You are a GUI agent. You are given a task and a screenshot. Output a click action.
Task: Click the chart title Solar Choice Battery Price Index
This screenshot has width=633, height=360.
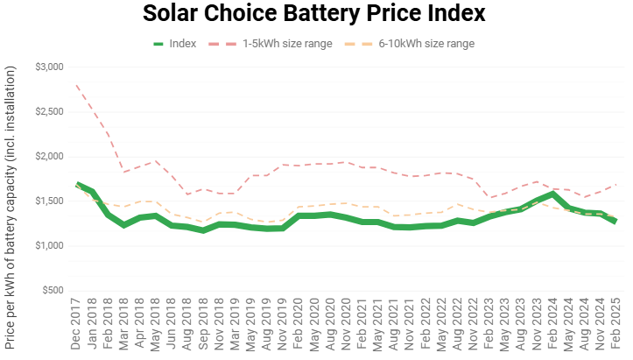pos(316,15)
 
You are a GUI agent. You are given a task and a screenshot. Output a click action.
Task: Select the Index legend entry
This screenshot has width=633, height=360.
pos(182,43)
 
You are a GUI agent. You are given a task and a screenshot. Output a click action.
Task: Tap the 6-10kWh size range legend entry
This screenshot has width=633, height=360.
pos(426,43)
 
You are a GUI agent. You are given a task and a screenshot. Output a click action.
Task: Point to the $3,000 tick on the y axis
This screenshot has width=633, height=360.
pos(50,67)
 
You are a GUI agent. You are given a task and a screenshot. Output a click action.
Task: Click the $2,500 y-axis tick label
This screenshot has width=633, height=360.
pos(50,112)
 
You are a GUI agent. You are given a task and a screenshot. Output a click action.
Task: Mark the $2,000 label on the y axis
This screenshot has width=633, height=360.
pos(50,157)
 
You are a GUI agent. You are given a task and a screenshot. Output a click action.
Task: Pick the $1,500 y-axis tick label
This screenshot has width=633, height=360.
pos(50,201)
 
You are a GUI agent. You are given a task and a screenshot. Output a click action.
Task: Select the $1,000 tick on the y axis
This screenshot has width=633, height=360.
pos(50,246)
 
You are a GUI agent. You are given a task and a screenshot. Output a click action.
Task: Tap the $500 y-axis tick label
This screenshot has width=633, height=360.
pos(53,291)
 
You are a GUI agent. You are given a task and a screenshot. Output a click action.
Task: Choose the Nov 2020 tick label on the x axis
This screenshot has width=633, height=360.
pos(345,324)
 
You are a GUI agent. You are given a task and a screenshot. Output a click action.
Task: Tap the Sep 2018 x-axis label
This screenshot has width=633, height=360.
pos(205,324)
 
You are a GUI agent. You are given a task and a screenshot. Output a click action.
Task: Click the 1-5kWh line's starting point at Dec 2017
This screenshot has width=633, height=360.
pos(78,86)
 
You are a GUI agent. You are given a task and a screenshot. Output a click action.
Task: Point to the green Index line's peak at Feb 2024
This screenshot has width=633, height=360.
pos(553,193)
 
